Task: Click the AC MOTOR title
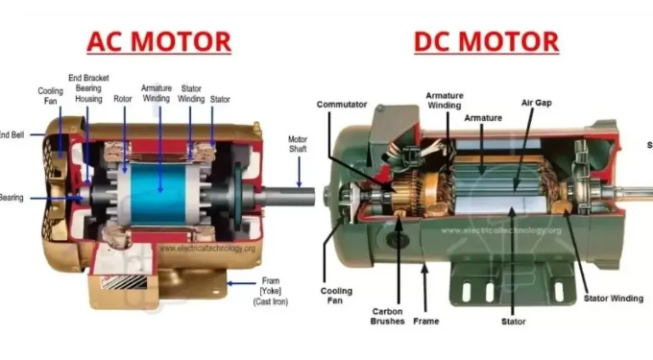coord(158,41)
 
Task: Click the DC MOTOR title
coord(486,41)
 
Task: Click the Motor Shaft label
coord(299,144)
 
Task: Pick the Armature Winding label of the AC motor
coord(157,92)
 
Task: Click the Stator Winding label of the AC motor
coord(191,93)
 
